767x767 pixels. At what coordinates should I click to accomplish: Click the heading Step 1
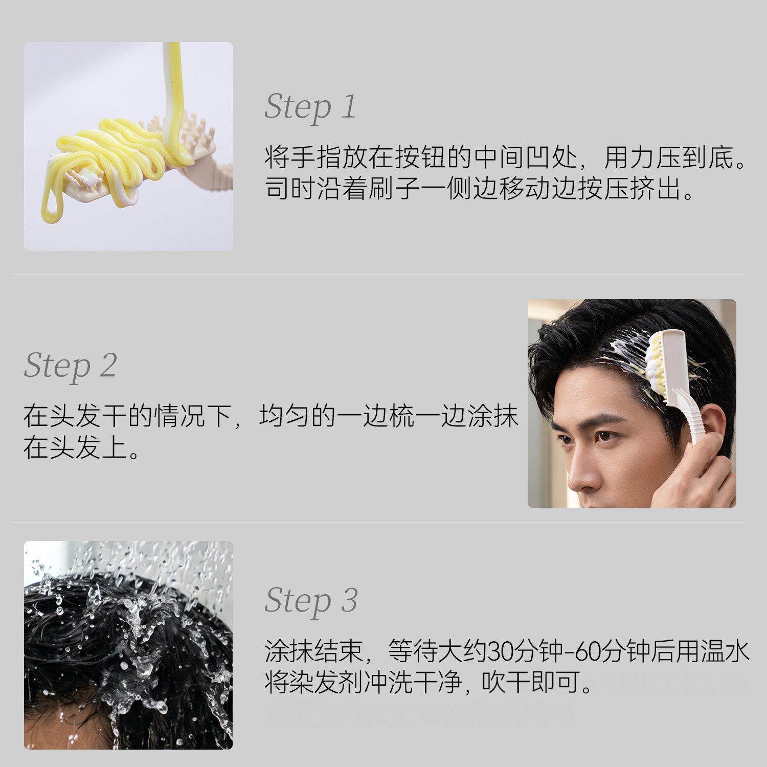click(x=310, y=107)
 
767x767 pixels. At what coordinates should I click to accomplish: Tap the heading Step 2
click(x=71, y=366)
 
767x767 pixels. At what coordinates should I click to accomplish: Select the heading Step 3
click(x=311, y=600)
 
